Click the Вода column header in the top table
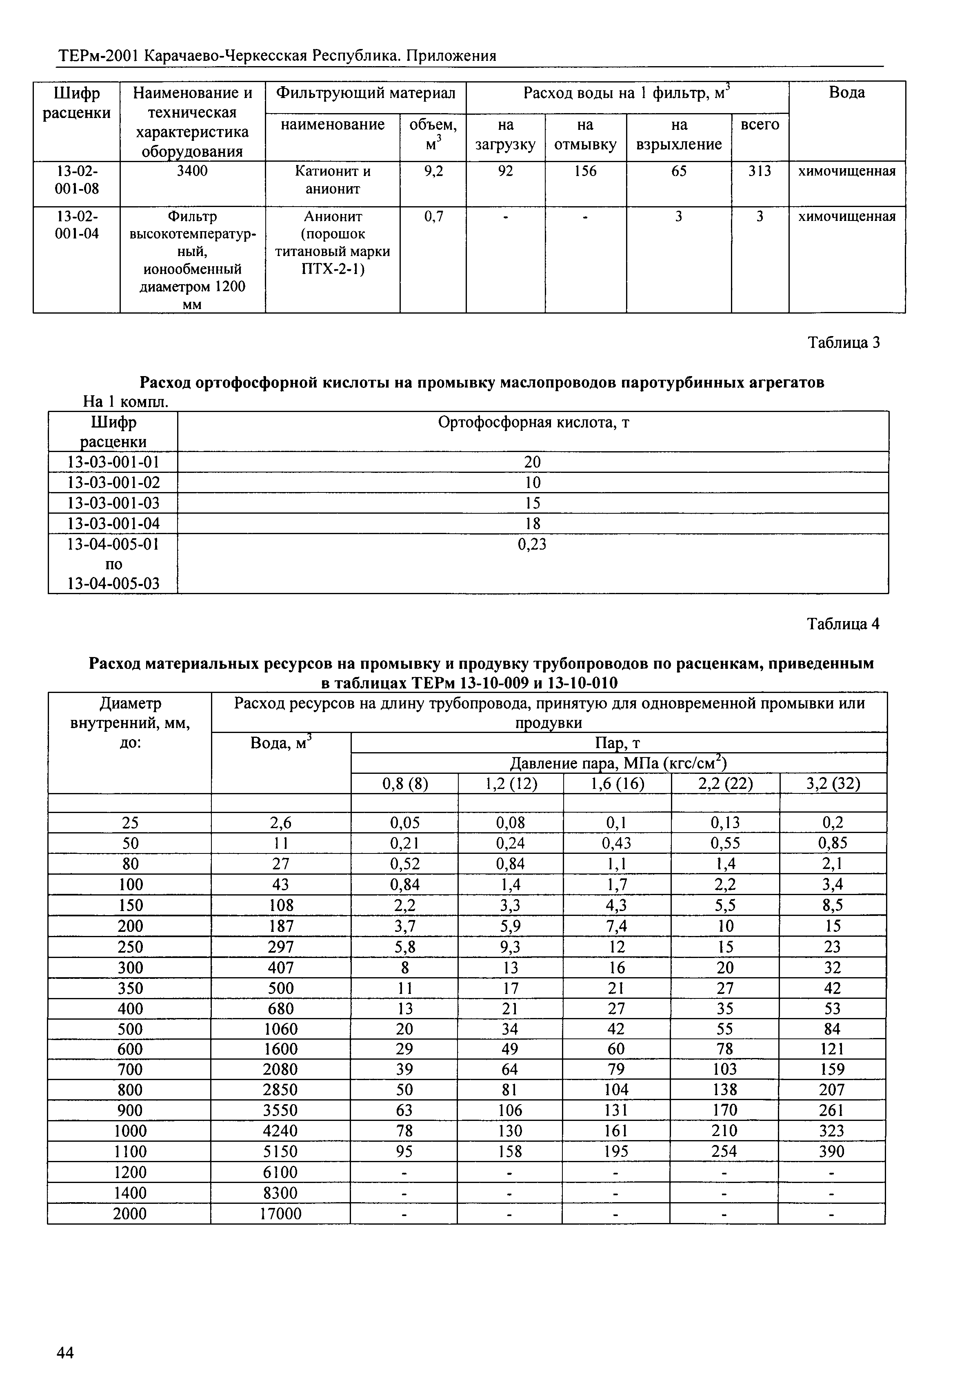(x=847, y=92)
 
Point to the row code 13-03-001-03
(x=113, y=503)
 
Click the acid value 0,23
(x=532, y=544)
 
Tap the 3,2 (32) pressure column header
(x=833, y=784)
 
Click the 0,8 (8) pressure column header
(x=405, y=784)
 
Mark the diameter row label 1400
(x=130, y=1193)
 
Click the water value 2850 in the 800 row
(x=280, y=1089)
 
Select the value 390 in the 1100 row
(x=832, y=1151)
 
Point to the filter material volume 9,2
(x=433, y=172)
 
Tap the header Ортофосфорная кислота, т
(x=533, y=422)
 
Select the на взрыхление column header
(x=679, y=135)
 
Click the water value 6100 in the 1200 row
(x=280, y=1172)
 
